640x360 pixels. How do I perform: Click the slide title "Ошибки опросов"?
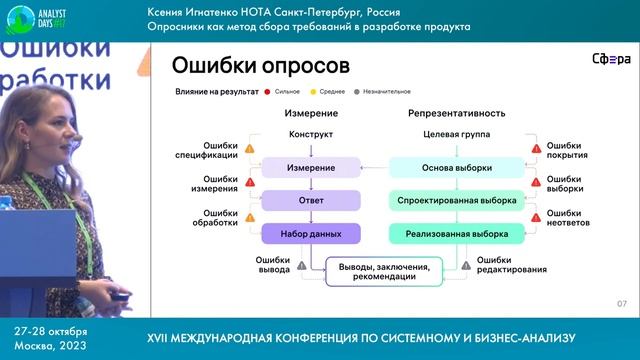(260, 67)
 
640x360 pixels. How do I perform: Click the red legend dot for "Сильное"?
(269, 91)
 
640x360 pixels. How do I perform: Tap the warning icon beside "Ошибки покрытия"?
(536, 150)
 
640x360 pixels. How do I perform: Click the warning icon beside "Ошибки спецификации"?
(250, 150)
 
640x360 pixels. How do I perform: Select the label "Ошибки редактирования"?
(511, 265)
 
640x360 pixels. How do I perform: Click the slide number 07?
(621, 303)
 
